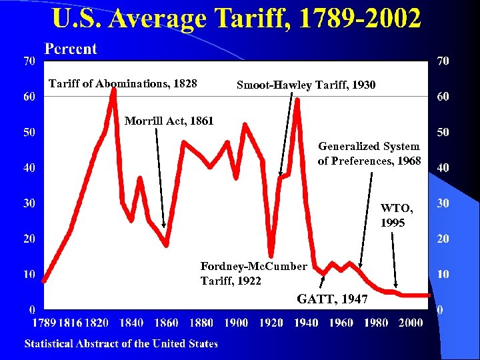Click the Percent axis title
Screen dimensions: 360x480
click(70, 49)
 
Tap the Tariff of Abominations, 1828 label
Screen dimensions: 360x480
click(123, 84)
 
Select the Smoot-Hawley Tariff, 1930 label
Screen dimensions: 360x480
click(306, 85)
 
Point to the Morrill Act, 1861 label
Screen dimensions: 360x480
click(169, 121)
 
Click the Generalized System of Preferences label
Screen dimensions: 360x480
click(369, 153)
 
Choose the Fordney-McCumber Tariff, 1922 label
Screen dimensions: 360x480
click(253, 273)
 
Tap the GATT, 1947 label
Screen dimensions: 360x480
click(332, 299)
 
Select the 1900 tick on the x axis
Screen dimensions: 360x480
click(236, 323)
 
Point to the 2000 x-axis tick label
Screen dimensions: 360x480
click(411, 323)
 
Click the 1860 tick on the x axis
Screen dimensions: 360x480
click(166, 323)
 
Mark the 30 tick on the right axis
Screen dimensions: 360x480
click(442, 203)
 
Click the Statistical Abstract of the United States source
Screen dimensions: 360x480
click(121, 344)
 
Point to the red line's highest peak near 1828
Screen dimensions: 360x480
click(113, 90)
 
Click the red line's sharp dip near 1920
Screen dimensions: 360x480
click(271, 254)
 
